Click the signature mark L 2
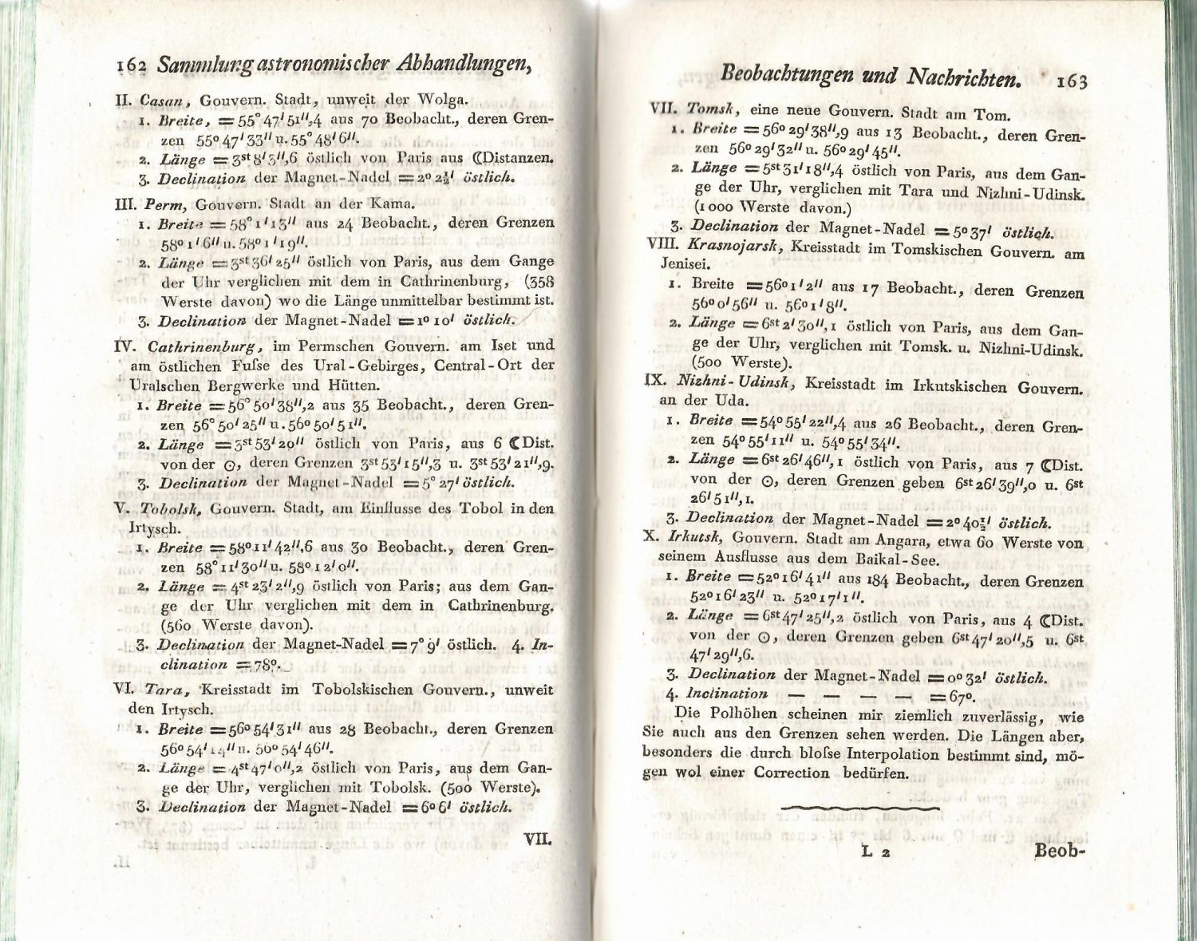pyautogui.click(x=877, y=852)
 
